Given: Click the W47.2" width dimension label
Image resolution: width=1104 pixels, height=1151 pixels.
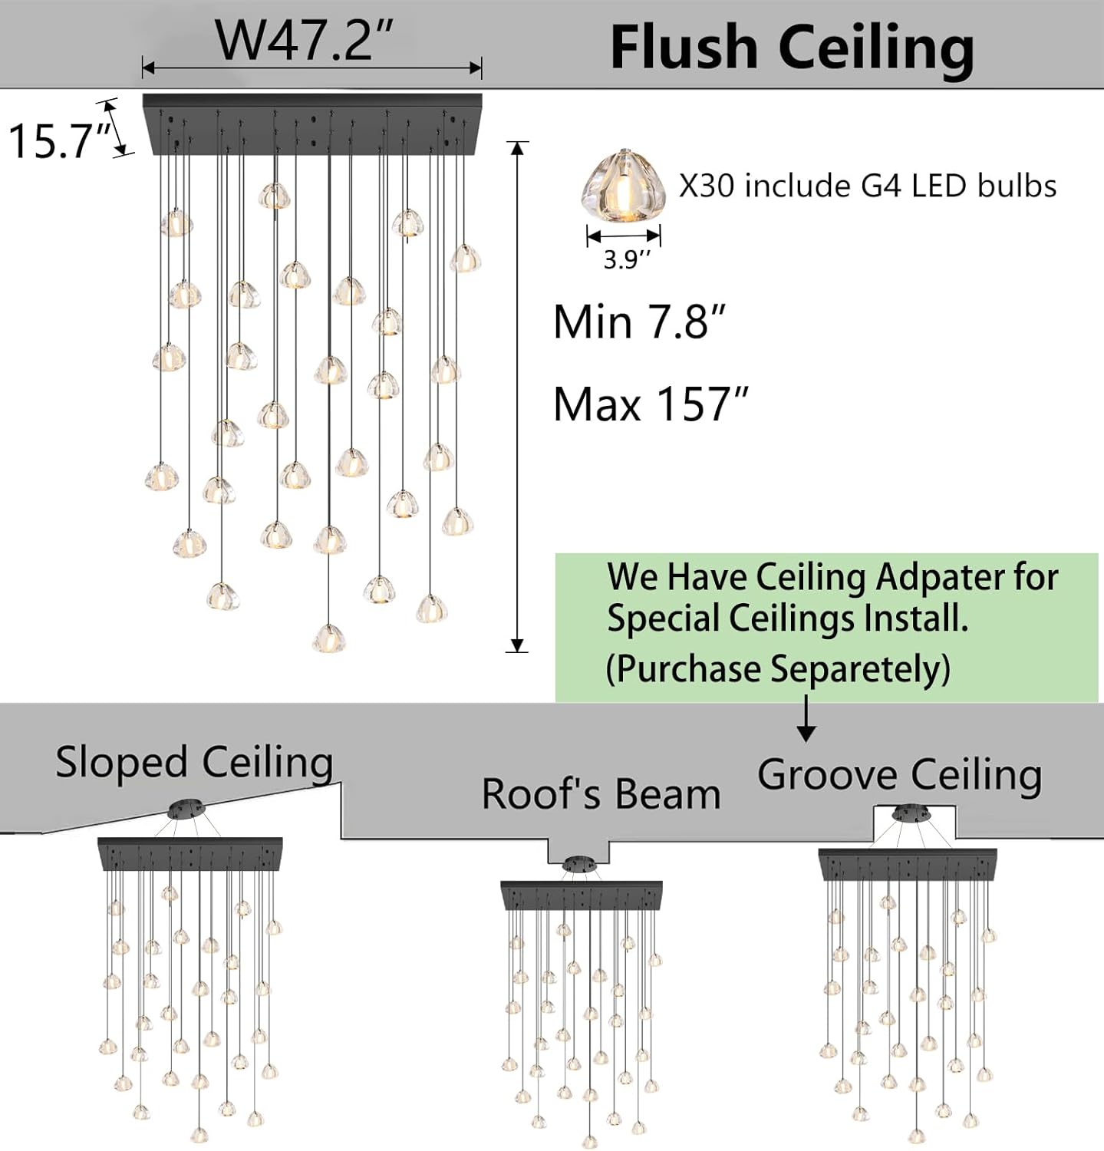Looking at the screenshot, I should [x=305, y=40].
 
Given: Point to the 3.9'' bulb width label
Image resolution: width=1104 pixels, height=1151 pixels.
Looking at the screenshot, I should [x=626, y=260].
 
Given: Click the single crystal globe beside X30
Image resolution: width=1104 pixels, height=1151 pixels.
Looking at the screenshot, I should [x=623, y=186].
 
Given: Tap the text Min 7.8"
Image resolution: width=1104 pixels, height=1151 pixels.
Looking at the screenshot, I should [x=640, y=322].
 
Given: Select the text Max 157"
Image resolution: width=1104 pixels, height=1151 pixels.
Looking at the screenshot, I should [x=651, y=404].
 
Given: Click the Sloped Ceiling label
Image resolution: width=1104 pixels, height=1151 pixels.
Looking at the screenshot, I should [x=194, y=763].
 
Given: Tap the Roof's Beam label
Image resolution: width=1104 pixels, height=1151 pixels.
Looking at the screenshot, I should [x=601, y=794].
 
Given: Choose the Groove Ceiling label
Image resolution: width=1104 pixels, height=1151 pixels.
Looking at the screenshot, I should [x=899, y=775].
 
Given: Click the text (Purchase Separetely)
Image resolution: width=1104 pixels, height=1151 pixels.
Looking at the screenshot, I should [x=778, y=669].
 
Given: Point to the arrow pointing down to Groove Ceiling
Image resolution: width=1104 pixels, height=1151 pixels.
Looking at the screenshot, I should [x=806, y=721].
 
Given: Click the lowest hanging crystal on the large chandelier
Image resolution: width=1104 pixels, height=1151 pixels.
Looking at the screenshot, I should [x=329, y=638].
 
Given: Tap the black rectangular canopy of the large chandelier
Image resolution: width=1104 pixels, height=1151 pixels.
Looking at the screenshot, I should [x=312, y=123].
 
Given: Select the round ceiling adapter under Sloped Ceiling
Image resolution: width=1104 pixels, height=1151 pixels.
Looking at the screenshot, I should [x=186, y=808].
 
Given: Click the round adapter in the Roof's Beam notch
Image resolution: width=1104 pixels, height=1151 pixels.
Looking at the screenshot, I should [x=580, y=865].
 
